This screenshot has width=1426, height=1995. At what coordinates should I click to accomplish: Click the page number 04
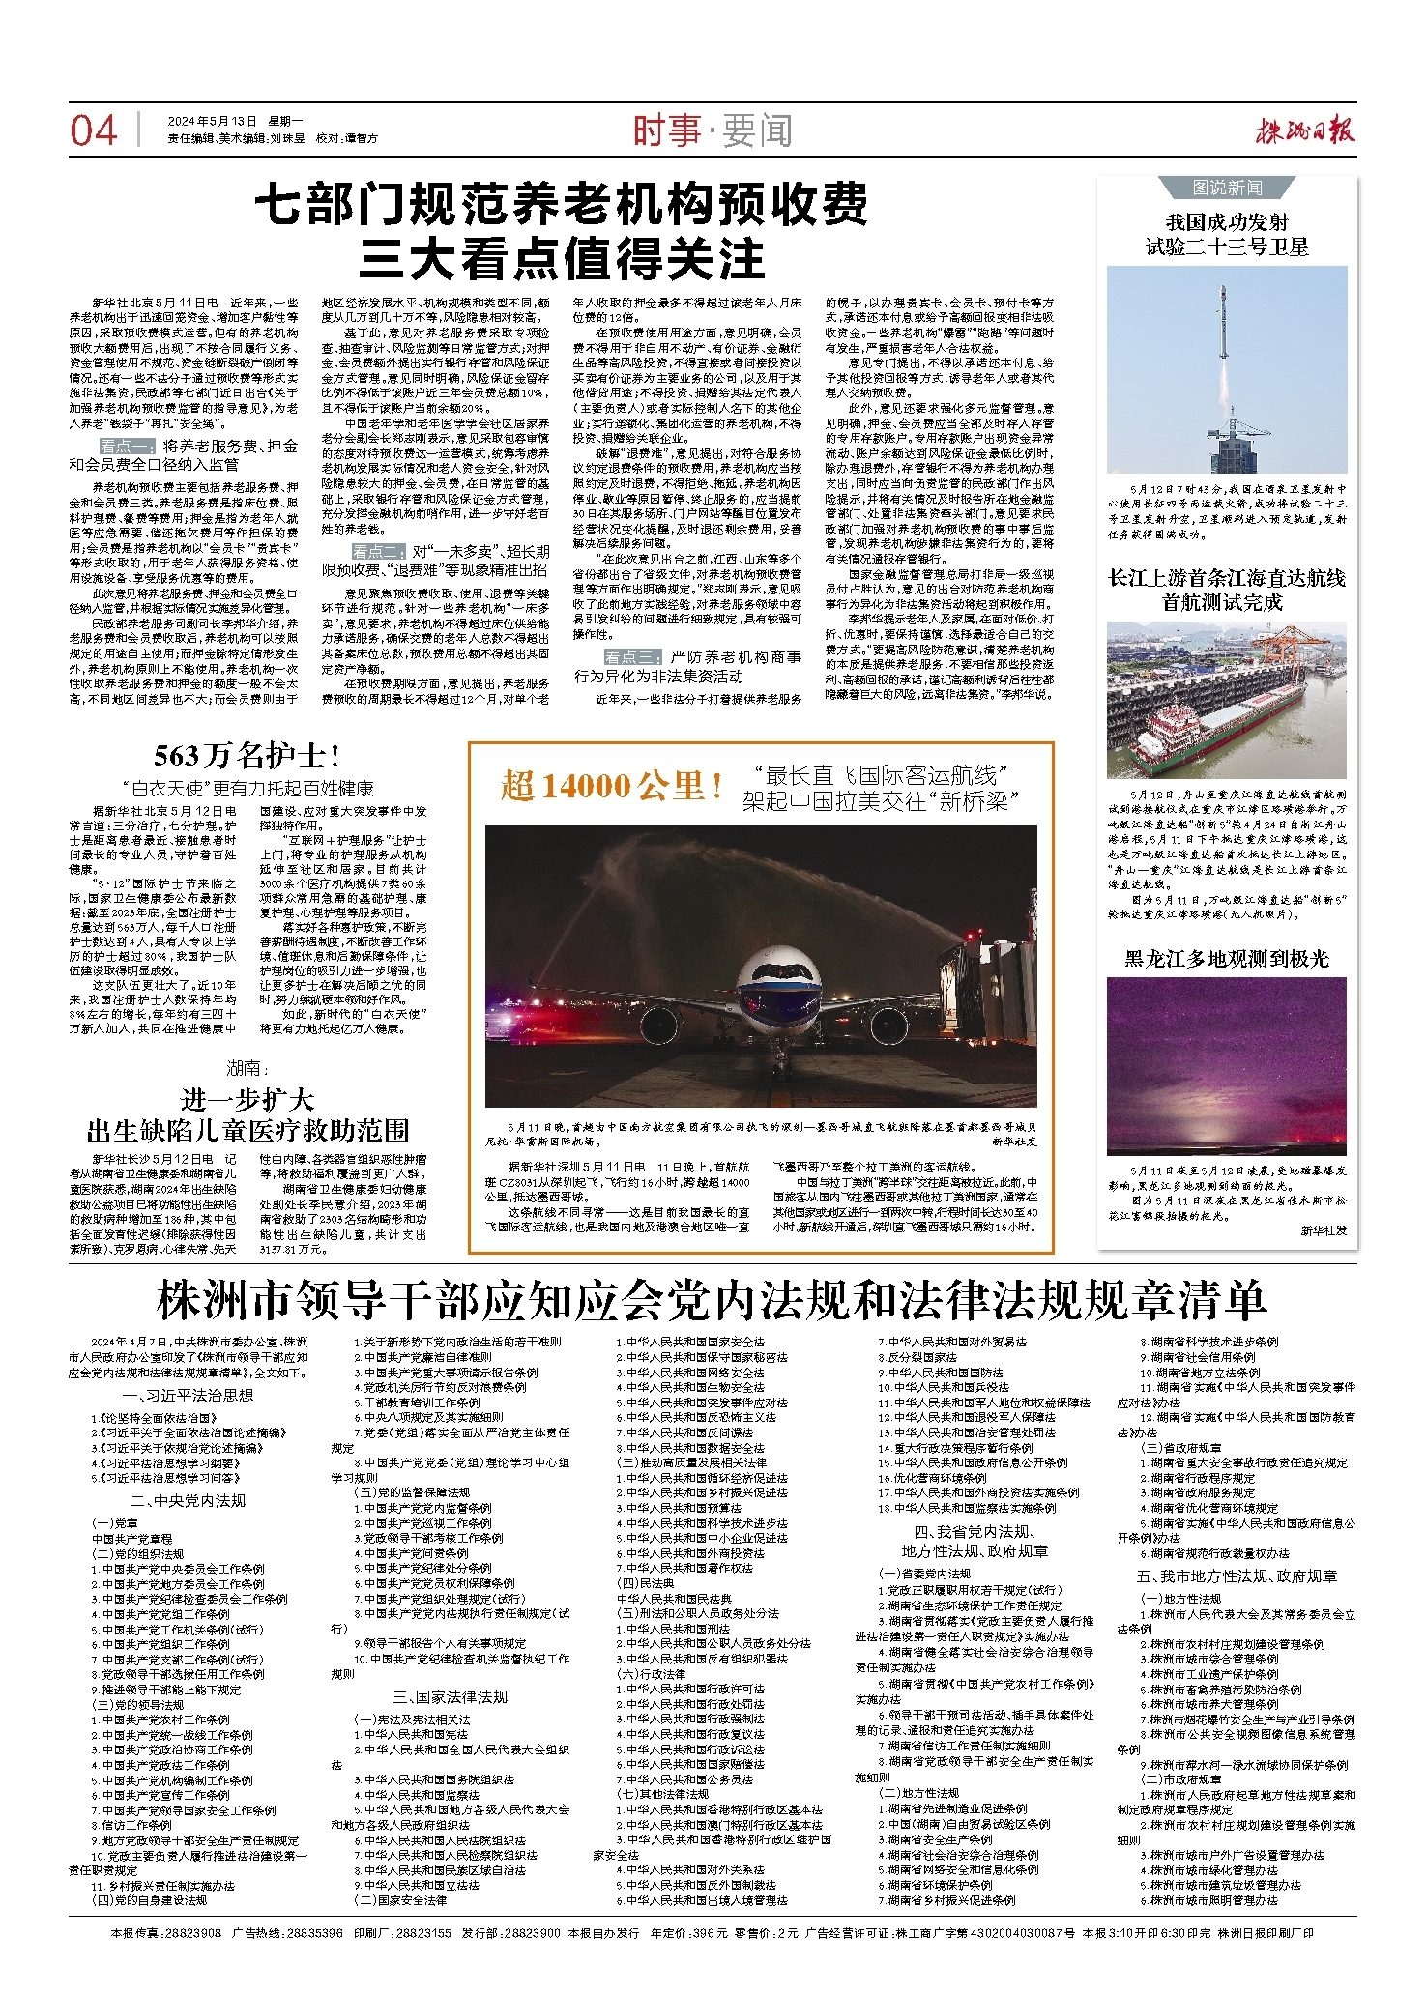94,130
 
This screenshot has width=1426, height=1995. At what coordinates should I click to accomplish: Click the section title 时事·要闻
713,130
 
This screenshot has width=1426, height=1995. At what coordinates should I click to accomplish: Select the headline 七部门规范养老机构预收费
562,204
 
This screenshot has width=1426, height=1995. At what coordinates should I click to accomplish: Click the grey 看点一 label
127,446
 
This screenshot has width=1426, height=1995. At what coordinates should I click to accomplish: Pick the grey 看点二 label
380,551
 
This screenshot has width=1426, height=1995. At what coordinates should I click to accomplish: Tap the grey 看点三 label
633,657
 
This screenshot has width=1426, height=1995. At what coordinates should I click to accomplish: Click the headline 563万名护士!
247,755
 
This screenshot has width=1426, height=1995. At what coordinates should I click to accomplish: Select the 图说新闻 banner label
1227,188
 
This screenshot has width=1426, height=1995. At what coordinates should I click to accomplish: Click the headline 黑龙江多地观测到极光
1227,959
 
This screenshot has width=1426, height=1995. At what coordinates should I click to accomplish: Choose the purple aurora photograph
1227,1066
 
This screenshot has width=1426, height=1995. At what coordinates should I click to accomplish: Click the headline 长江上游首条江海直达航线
1227,578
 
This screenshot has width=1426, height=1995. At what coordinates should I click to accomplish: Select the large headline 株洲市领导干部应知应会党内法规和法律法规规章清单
712,1301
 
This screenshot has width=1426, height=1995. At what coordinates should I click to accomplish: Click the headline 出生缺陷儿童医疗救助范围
247,1130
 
